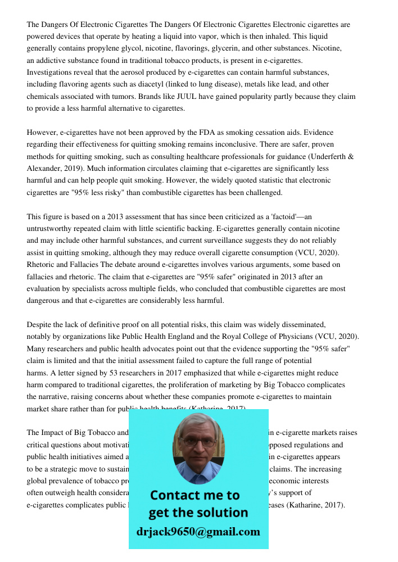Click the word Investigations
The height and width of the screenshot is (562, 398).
[49, 72]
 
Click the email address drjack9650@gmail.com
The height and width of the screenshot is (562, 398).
[198, 532]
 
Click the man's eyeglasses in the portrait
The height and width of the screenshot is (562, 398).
[198, 442]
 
